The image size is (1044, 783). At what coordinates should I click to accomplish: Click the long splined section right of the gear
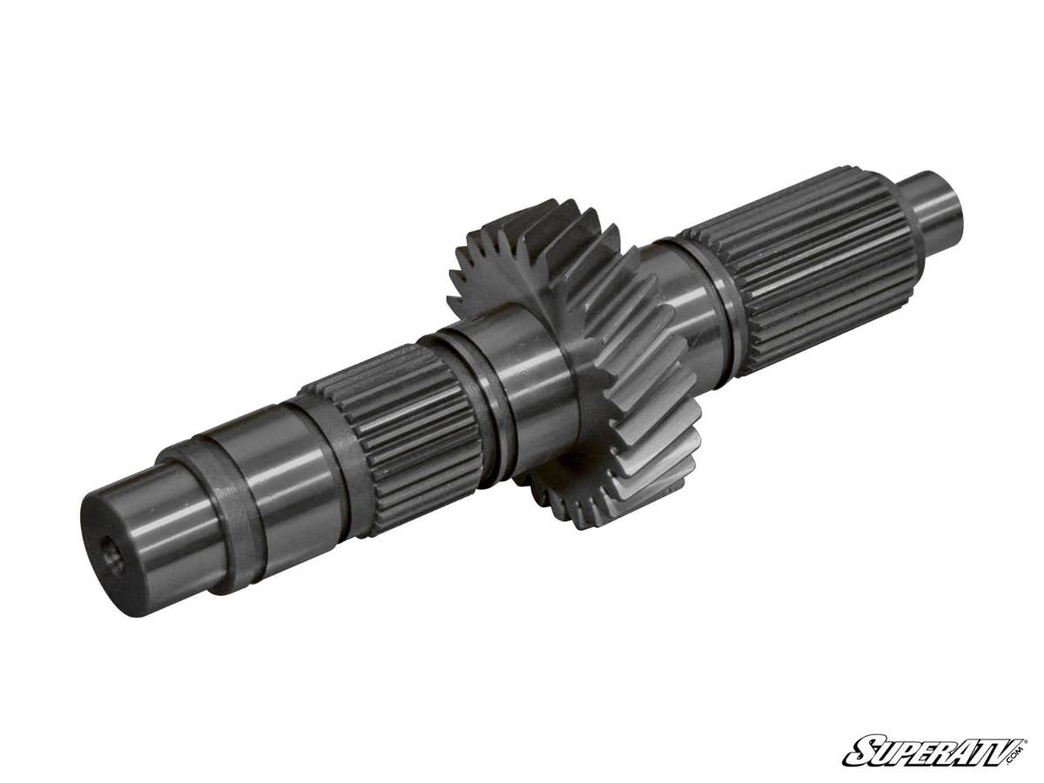(x=818, y=261)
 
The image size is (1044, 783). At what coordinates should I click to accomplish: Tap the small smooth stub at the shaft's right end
(x=935, y=209)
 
